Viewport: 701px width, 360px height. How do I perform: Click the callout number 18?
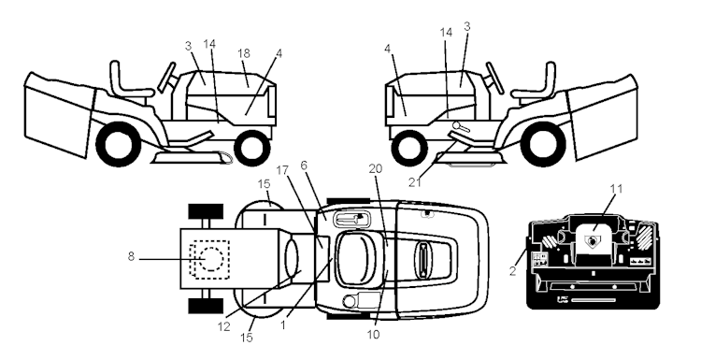[x=244, y=53]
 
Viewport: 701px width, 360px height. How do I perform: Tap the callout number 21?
[x=415, y=182]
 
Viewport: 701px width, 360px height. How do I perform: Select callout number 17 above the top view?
[x=282, y=170]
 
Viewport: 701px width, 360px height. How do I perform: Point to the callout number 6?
[x=304, y=166]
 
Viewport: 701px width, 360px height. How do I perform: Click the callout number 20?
[x=376, y=168]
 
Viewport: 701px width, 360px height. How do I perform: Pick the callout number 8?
[x=131, y=257]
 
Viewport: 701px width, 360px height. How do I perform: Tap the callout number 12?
[x=223, y=326]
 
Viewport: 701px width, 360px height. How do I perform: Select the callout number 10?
[x=373, y=335]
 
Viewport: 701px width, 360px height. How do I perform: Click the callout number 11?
[x=616, y=189]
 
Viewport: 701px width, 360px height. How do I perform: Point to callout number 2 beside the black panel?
[x=513, y=270]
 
